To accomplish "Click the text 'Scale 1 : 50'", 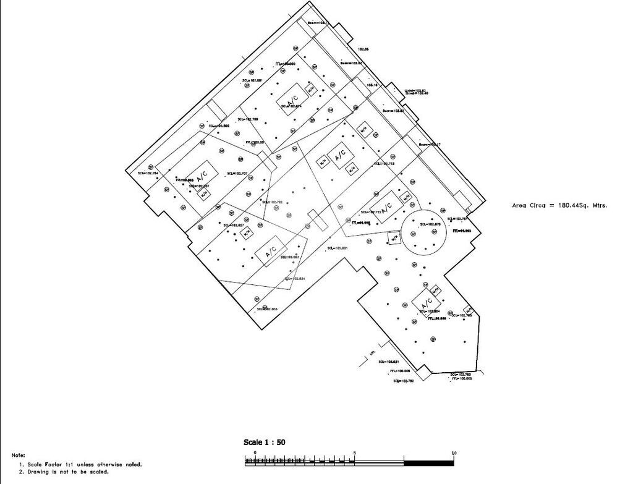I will point(264,442).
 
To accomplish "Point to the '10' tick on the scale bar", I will point(454,454).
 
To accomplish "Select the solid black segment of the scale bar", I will point(428,462).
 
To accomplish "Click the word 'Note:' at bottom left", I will point(18,455).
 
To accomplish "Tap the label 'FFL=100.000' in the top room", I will point(284,64).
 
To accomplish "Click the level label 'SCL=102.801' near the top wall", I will point(252,80).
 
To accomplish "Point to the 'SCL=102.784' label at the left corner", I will point(148,173).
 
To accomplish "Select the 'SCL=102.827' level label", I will point(233,226).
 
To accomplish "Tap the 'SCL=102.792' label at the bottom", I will point(403,381).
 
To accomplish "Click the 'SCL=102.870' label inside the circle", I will point(430,224).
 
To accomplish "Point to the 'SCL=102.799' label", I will point(247,119).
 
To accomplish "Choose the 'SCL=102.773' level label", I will point(383,164).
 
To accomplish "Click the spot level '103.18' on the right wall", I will point(372,85).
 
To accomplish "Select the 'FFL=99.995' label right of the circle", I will point(462,231).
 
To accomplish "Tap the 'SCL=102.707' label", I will point(237,174).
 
